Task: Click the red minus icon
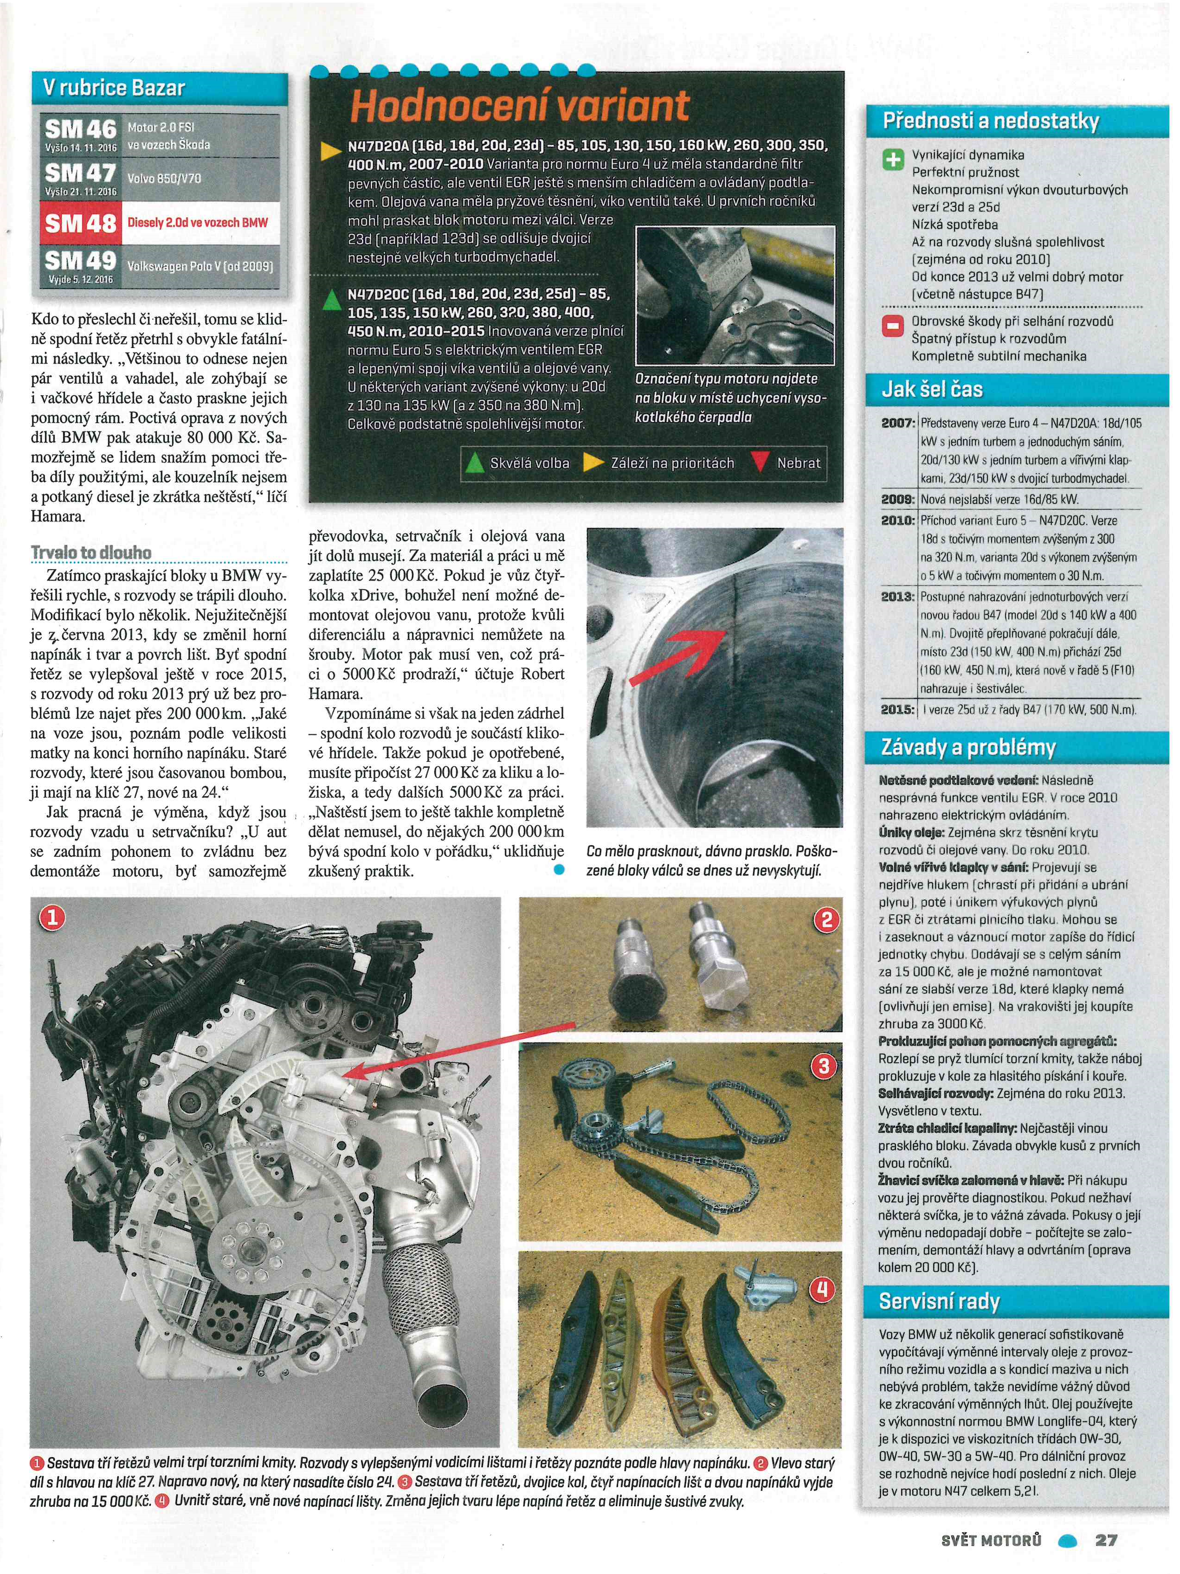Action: tap(892, 327)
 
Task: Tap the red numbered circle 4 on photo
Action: tap(822, 1289)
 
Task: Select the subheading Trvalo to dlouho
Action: tap(91, 552)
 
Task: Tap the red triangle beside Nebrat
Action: tap(760, 463)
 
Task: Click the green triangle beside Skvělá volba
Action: tap(473, 463)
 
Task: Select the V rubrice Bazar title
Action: tap(114, 88)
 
